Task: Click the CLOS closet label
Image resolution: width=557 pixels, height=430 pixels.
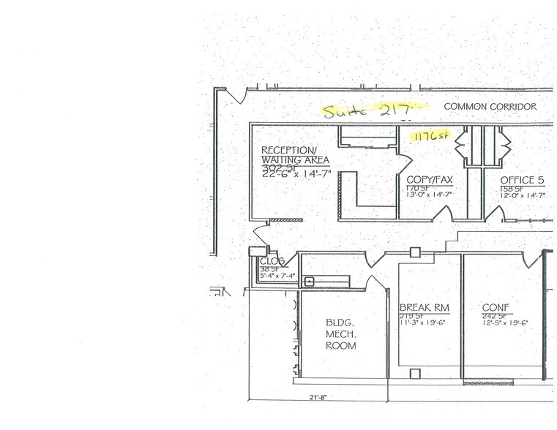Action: point(271,261)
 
